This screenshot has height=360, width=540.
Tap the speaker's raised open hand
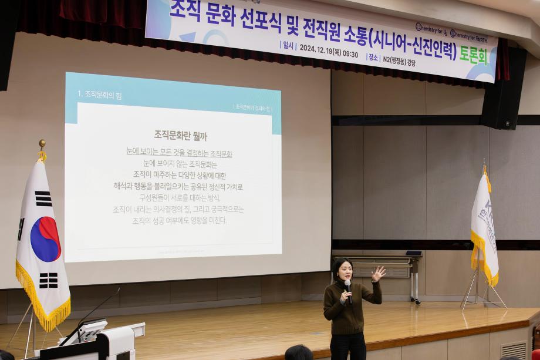pyautogui.click(x=378, y=273)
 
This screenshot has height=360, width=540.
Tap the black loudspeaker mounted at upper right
pyautogui.click(x=504, y=88)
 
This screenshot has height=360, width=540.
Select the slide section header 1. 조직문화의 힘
pyautogui.click(x=99, y=94)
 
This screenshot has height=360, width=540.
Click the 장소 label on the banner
pyautogui.click(x=373, y=57)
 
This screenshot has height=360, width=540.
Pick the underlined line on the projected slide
pyautogui.click(x=179, y=153)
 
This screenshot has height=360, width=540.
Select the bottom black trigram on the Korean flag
pyautogui.click(x=49, y=280)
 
